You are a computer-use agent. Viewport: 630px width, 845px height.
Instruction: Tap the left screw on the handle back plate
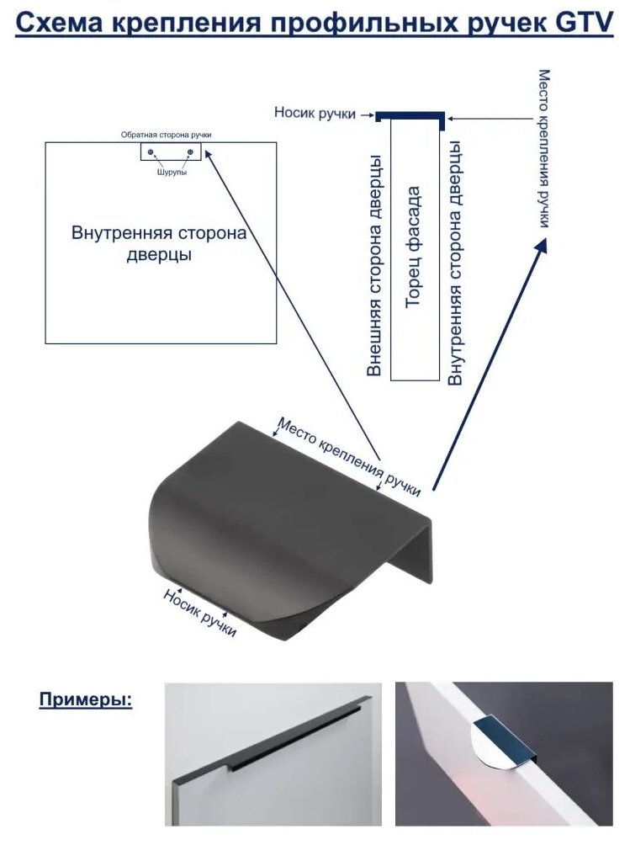coord(151,151)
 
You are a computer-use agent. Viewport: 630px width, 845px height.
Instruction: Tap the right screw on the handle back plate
coord(191,151)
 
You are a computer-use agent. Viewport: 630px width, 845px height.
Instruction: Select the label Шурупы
coord(171,172)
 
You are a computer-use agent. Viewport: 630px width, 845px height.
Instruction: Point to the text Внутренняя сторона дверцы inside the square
coord(159,242)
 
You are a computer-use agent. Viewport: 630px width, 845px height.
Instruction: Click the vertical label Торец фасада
coord(414,247)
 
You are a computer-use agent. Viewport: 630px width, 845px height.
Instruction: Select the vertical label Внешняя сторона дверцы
coord(376,264)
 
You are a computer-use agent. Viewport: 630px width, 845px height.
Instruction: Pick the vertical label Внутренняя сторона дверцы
coord(455,263)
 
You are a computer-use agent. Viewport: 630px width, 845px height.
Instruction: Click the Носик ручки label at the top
coord(315,113)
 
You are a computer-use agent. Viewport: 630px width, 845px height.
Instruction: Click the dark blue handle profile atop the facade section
coord(410,115)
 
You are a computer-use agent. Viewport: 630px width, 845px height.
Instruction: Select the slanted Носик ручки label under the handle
coord(200,612)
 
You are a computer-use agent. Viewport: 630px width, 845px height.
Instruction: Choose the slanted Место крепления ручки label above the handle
coord(348,457)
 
